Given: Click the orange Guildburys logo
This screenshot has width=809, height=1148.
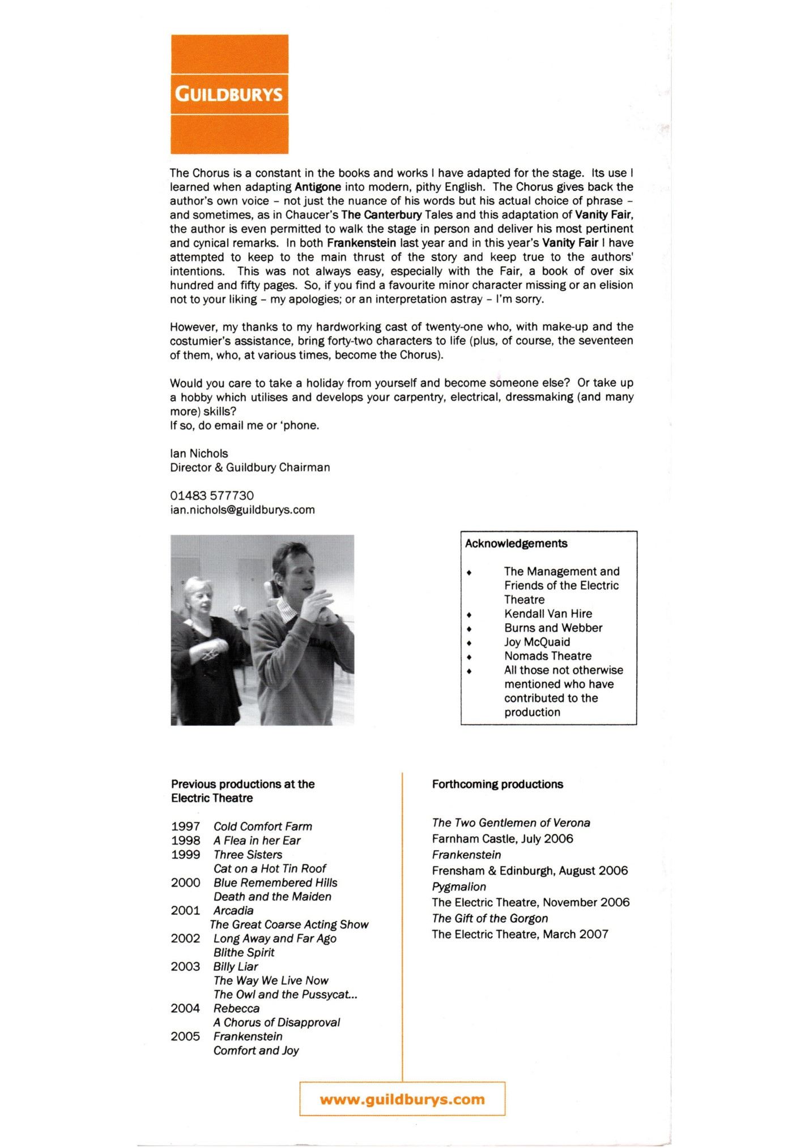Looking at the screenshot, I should point(229,94).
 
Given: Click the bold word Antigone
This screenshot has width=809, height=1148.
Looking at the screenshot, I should point(318,187).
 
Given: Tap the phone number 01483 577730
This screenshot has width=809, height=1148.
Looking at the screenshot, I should point(212,496).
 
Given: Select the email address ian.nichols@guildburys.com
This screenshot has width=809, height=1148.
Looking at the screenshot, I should point(242,510).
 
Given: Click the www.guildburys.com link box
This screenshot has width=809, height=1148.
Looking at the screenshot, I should point(402,1099).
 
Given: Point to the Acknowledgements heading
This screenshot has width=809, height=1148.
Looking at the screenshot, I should point(516,544).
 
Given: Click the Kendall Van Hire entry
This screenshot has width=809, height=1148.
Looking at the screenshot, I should point(548,614).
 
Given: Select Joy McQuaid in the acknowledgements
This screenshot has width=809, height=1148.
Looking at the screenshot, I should point(537,642).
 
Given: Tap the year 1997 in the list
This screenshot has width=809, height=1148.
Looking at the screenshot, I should point(185,826).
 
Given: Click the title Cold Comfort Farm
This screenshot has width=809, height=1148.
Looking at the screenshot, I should point(263,826).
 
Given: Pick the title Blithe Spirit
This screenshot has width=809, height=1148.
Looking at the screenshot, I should point(244,953).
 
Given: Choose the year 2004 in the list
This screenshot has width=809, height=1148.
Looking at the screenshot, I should point(185,1009).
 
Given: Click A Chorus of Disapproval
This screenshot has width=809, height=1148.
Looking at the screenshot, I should point(276,1022).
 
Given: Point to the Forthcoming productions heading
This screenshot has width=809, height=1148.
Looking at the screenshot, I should point(497,785).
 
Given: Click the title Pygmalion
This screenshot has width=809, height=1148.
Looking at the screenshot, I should point(459,886).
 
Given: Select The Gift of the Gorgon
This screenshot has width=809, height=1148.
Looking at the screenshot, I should point(489,918).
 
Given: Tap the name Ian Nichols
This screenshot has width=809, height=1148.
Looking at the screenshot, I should point(199,453).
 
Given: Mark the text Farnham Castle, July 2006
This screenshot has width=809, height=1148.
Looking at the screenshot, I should point(503,839).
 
